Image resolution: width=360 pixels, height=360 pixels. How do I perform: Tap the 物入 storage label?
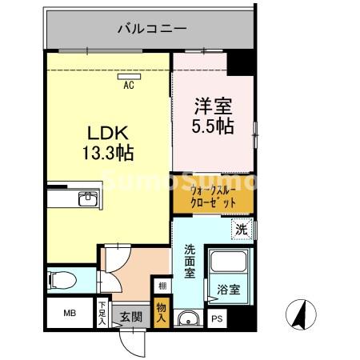click(x=162, y=311)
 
